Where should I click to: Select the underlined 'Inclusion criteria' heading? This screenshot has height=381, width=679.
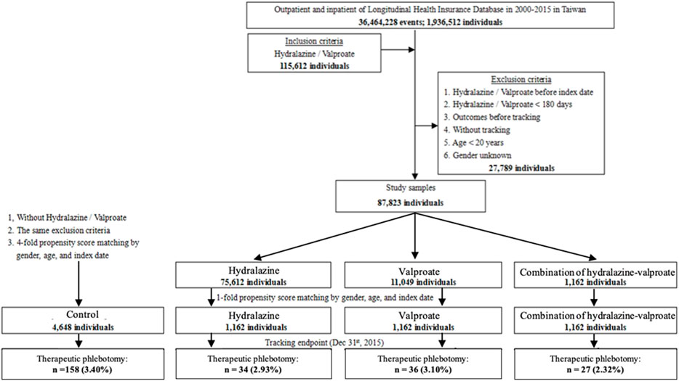(x=314, y=41)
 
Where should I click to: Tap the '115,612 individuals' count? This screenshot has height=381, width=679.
(x=314, y=66)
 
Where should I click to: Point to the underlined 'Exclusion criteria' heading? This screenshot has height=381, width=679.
(x=521, y=80)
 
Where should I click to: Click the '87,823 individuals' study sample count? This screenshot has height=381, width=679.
(x=410, y=202)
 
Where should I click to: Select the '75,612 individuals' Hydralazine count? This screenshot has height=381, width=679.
(x=253, y=282)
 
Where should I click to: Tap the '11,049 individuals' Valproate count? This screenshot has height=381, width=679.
(x=423, y=282)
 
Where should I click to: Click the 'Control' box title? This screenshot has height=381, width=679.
(x=82, y=314)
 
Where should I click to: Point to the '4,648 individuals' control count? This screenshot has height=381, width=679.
(x=82, y=327)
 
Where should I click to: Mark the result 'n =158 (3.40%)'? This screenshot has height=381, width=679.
(x=82, y=369)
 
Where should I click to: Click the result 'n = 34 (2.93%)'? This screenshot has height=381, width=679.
(x=253, y=369)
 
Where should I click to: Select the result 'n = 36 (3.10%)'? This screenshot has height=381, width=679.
(x=423, y=369)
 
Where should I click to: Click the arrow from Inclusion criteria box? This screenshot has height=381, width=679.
(x=398, y=50)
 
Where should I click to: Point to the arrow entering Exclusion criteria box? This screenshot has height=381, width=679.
(x=427, y=126)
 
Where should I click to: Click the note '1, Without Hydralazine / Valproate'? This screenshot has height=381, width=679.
(x=67, y=217)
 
